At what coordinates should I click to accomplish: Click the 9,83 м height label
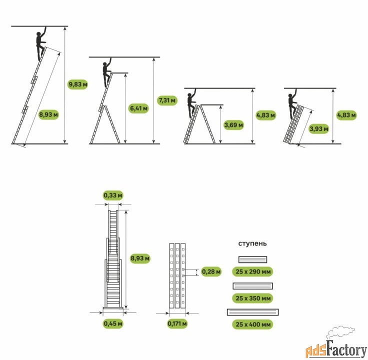click(77, 84)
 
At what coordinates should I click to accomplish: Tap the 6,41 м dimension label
click(138, 108)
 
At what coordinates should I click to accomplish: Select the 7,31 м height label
click(167, 100)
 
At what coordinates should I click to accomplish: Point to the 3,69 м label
click(234, 125)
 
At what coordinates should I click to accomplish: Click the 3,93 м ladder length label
click(318, 128)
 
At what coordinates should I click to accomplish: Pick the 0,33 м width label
click(113, 195)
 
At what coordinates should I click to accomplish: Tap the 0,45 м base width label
click(113, 323)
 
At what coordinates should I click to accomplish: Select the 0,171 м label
click(177, 323)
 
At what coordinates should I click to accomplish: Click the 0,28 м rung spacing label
click(211, 271)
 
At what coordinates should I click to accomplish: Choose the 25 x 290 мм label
click(253, 271)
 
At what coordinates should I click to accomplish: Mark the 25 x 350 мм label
click(253, 298)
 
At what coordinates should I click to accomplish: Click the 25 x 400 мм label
click(253, 324)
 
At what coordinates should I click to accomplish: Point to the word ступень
click(252, 243)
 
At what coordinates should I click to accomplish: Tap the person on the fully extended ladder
click(41, 44)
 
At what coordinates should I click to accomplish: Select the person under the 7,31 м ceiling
click(106, 72)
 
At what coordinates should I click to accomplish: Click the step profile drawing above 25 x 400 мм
click(253, 312)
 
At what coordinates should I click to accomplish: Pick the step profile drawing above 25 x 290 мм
click(253, 259)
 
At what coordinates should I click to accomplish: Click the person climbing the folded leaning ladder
click(292, 103)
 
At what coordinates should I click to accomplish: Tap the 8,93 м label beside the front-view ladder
click(140, 258)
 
